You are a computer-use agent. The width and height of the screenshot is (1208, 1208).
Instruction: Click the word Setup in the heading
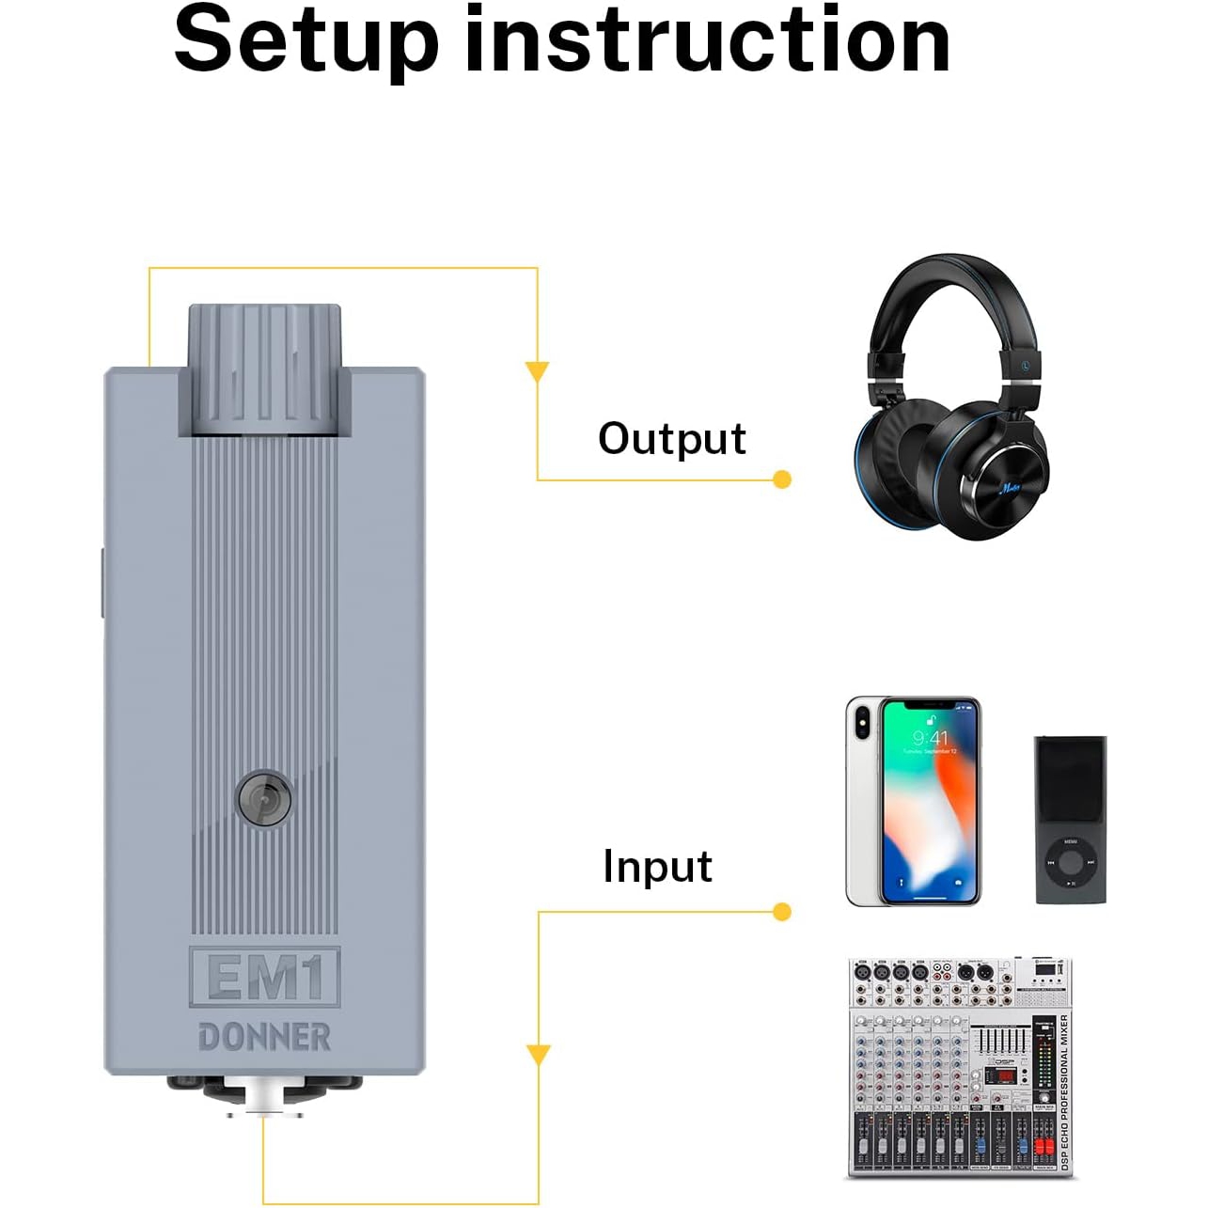pyautogui.click(x=306, y=43)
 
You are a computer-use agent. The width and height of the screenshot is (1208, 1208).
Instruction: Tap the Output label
pyautogui.click(x=671, y=439)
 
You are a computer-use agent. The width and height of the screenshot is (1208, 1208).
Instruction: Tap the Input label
pyautogui.click(x=657, y=866)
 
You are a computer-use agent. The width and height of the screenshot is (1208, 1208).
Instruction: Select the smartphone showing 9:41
pyautogui.click(x=913, y=802)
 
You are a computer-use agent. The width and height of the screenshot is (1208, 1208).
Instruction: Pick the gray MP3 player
pyautogui.click(x=1071, y=820)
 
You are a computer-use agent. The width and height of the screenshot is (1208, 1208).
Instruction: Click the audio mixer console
pyautogui.click(x=960, y=1067)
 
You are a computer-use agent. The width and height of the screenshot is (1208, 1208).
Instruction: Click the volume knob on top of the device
pyautogui.click(x=264, y=369)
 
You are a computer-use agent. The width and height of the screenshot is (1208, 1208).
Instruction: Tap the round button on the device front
pyautogui.click(x=264, y=799)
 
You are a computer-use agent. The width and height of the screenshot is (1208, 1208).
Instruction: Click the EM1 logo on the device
pyautogui.click(x=264, y=978)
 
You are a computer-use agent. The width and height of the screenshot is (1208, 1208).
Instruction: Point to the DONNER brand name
pyautogui.click(x=264, y=1037)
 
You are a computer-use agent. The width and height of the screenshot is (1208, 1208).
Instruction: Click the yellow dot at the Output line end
pyautogui.click(x=781, y=479)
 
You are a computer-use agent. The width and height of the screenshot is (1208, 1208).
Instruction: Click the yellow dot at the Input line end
pyautogui.click(x=781, y=912)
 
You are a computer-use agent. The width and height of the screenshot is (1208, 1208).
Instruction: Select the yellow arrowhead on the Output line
pyautogui.click(x=537, y=371)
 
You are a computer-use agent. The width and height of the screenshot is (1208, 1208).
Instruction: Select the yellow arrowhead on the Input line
pyautogui.click(x=538, y=1055)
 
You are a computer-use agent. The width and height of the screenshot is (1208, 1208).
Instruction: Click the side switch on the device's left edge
pyautogui.click(x=102, y=583)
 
